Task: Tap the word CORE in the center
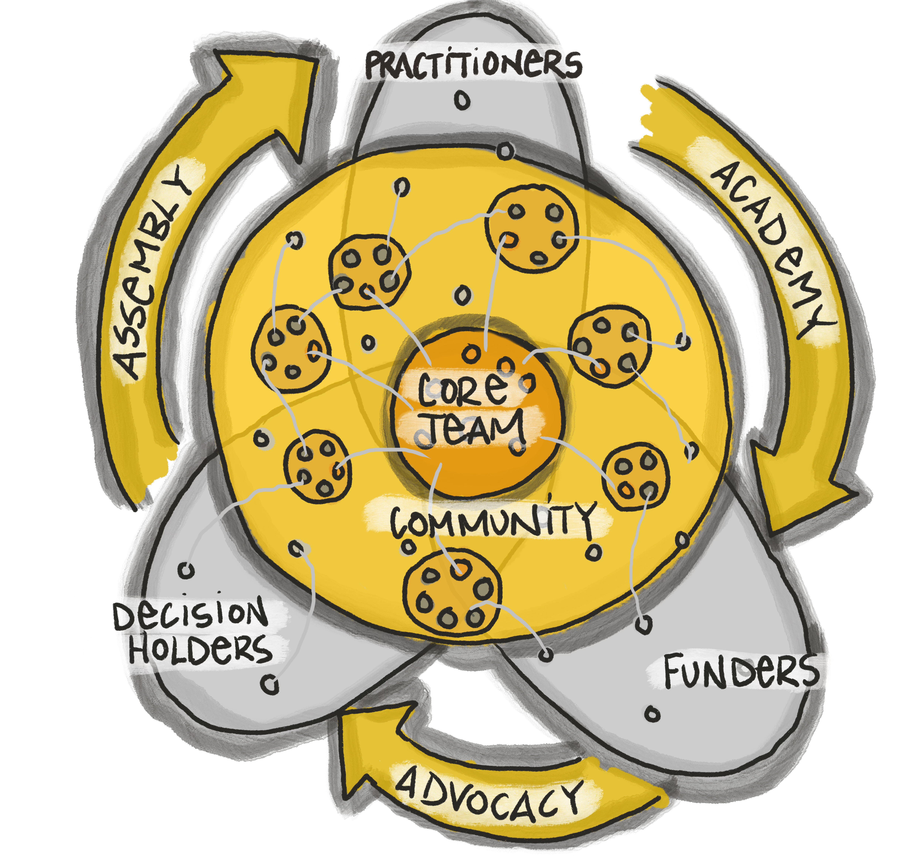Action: [461, 389]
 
